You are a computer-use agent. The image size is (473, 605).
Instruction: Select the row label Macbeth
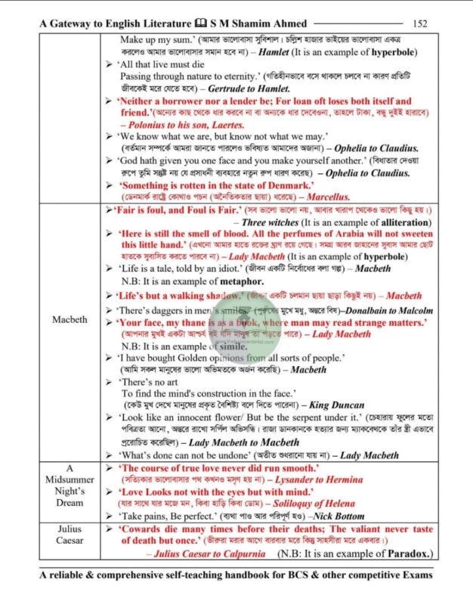tap(70, 320)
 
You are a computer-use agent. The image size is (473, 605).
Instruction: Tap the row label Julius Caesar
tap(70, 535)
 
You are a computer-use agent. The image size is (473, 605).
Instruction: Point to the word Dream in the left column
tap(70, 502)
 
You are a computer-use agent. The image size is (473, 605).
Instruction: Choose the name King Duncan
tap(337, 405)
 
